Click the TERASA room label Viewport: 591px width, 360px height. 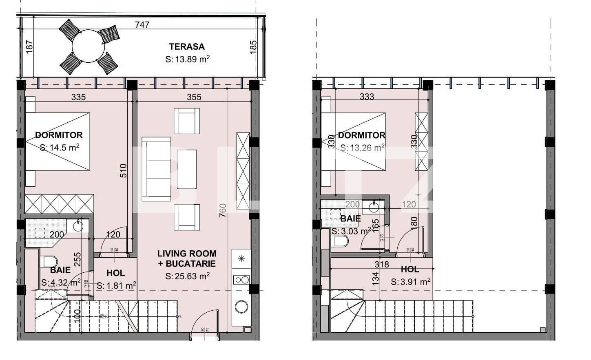click(x=187, y=46)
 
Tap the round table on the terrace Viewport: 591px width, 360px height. click(x=89, y=47)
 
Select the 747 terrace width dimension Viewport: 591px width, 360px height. click(x=142, y=24)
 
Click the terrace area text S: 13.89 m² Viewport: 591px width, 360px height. click(x=187, y=59)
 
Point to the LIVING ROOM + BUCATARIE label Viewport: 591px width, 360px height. click(x=187, y=258)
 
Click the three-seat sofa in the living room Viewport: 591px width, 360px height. click(x=156, y=169)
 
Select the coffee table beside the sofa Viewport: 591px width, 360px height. click(x=187, y=169)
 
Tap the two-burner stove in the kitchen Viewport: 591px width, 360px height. click(x=241, y=280)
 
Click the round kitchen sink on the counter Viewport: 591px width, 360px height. click(x=241, y=306)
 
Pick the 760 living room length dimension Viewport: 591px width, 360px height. click(x=223, y=210)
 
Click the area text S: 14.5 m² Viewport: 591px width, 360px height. click(x=60, y=148)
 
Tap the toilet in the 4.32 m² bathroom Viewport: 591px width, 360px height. click(x=48, y=261)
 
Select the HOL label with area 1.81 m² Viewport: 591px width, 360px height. click(x=115, y=273)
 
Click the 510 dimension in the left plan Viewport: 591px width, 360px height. click(x=124, y=170)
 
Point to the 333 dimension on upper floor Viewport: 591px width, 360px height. click(x=367, y=97)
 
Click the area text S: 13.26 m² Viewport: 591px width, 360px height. click(x=362, y=148)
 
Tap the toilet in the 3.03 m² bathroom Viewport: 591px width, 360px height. click(x=341, y=242)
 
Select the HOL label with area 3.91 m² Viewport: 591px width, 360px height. click(x=409, y=269)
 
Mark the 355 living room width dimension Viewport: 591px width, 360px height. click(x=194, y=97)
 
